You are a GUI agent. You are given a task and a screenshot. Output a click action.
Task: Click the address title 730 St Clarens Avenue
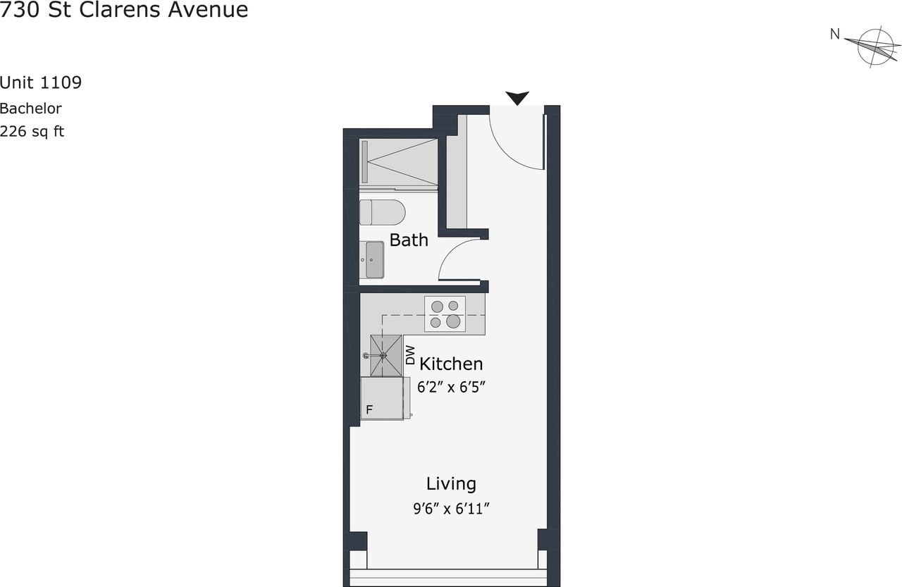pyautogui.click(x=124, y=11)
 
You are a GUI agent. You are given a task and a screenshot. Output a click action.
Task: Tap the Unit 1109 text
pyautogui.click(x=41, y=83)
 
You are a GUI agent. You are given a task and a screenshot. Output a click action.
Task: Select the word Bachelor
pyautogui.click(x=31, y=109)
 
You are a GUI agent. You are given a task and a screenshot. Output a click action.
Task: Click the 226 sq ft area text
pyautogui.click(x=32, y=131)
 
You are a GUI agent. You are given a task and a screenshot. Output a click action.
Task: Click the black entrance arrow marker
pyautogui.click(x=518, y=99)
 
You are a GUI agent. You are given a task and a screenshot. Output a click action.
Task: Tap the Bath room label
pyautogui.click(x=409, y=240)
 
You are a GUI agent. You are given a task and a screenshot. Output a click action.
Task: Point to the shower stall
pyautogui.click(x=399, y=162)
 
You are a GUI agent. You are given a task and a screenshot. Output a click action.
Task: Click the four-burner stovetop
pyautogui.click(x=445, y=314)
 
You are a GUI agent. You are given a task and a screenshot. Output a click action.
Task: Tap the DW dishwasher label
pyautogui.click(x=411, y=354)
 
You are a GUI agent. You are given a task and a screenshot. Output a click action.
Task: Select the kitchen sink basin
pyautogui.click(x=383, y=355)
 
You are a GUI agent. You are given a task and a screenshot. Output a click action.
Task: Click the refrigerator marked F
pyautogui.click(x=381, y=399)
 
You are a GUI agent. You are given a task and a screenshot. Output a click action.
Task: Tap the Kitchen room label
pyautogui.click(x=451, y=364)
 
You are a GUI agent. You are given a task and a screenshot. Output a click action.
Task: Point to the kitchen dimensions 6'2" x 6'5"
pyautogui.click(x=451, y=387)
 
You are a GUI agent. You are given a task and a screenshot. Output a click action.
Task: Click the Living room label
pyautogui.click(x=451, y=484)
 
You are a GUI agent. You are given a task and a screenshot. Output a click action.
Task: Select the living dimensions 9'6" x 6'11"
pyautogui.click(x=451, y=508)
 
